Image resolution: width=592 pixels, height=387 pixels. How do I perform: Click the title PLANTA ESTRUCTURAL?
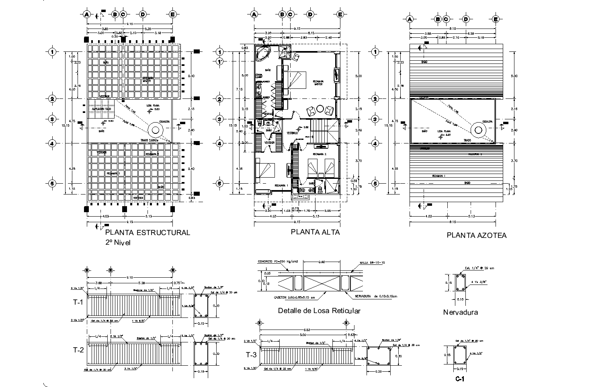[147, 233]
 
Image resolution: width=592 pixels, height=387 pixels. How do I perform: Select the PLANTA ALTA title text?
[315, 232]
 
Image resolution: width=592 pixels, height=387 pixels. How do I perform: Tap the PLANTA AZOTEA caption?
[476, 235]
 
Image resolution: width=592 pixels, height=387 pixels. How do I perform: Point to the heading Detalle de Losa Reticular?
[319, 311]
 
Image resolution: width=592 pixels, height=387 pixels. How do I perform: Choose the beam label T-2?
[78, 350]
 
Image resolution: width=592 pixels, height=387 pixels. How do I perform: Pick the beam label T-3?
[251, 354]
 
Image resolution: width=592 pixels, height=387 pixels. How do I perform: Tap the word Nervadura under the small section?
[460, 312]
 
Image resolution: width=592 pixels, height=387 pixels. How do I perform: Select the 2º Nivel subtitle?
[118, 242]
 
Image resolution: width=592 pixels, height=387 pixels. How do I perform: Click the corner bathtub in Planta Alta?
[264, 53]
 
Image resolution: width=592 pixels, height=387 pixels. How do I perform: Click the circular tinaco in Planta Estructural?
[155, 130]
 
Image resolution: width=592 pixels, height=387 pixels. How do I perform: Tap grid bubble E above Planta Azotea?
[496, 19]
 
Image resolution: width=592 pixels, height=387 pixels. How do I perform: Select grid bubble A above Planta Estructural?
[86, 14]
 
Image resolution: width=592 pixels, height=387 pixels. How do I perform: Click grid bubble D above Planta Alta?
[309, 14]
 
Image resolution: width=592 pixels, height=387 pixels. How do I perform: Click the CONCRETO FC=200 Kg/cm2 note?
[279, 261]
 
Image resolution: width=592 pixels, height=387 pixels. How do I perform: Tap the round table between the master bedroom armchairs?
[320, 109]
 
